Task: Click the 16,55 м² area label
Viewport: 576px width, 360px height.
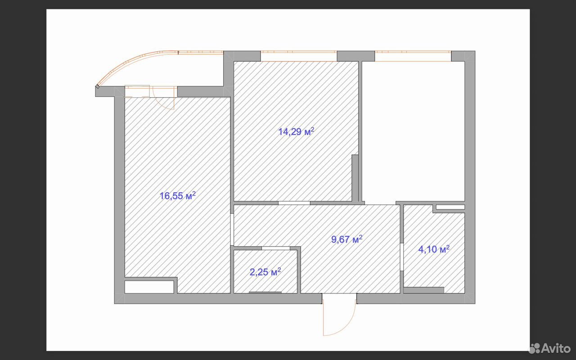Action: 177,196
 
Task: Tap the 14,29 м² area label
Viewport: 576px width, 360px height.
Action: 296,131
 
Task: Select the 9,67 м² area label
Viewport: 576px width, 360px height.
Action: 346,239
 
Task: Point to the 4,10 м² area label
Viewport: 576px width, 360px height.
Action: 434,249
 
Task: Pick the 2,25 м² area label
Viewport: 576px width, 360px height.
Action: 265,272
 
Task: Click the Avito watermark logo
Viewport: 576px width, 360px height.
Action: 549,348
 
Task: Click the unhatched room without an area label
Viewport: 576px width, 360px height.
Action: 413,131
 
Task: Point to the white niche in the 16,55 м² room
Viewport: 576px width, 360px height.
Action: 149,287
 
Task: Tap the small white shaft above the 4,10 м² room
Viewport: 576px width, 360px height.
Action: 450,207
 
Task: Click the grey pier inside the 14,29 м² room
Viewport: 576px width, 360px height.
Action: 355,178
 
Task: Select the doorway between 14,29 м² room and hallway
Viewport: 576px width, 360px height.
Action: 294,203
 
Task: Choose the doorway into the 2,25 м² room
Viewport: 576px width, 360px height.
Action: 276,248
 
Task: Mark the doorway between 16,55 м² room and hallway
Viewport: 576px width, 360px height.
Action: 232,229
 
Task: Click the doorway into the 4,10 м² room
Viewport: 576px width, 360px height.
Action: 402,256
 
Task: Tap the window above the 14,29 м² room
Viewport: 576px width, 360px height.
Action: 299,56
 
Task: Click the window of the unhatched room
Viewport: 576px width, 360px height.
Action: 413,56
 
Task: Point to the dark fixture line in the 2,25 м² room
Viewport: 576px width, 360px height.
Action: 265,292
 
